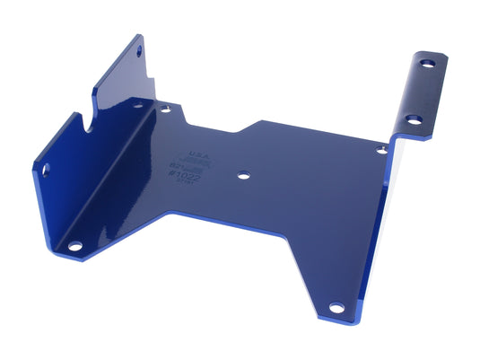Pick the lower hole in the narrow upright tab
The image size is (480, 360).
(x=414, y=119)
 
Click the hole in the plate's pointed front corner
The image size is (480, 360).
(x=336, y=308)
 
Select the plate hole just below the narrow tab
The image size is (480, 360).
(x=381, y=150)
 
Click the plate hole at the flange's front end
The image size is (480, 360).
(x=75, y=244)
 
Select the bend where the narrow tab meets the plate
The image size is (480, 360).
(x=393, y=141)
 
